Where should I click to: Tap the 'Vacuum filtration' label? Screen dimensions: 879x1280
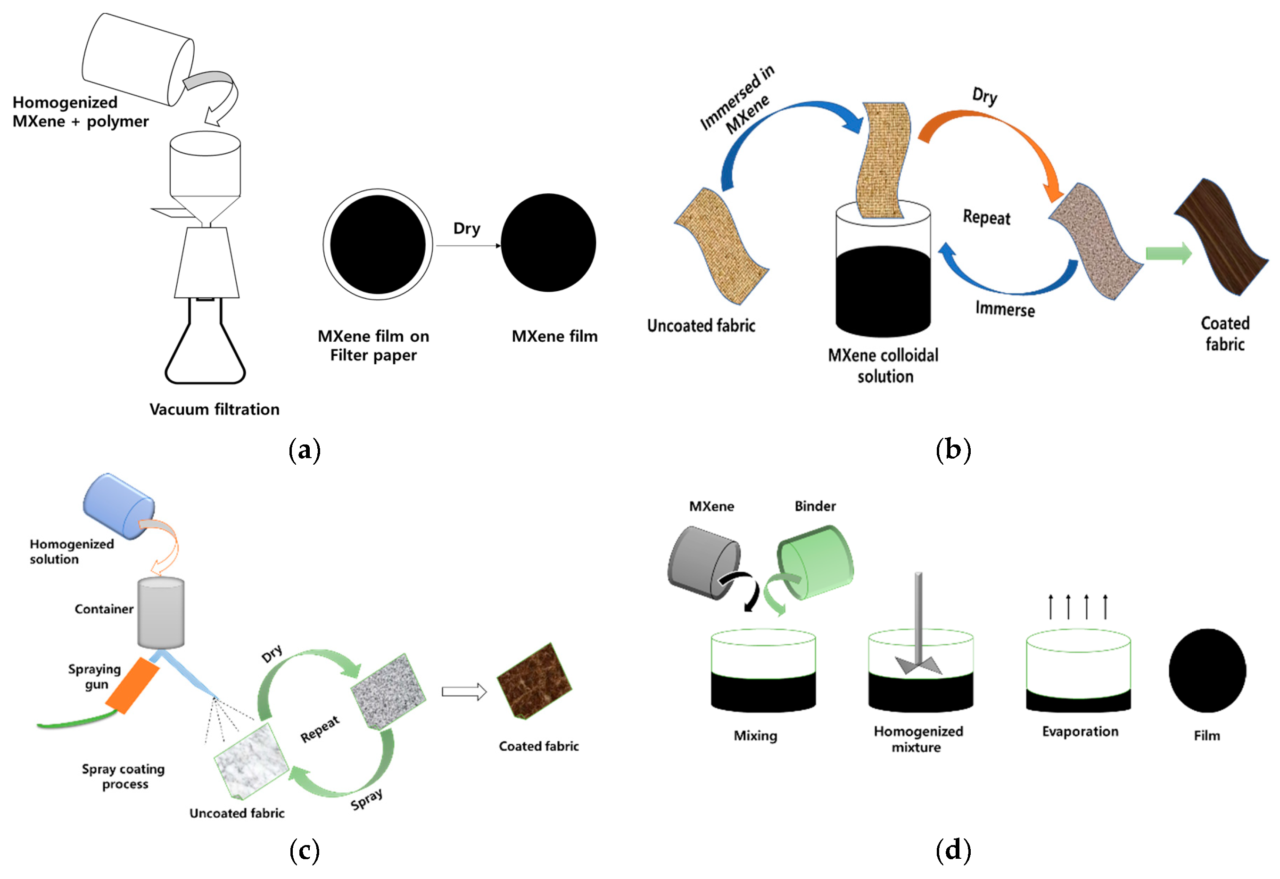click(x=214, y=409)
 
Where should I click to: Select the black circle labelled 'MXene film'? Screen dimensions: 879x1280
click(x=548, y=242)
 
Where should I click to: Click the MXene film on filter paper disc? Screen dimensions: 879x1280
click(x=377, y=244)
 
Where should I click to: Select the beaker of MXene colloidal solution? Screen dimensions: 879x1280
click(x=883, y=275)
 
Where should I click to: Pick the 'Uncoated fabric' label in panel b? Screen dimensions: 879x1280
click(x=701, y=326)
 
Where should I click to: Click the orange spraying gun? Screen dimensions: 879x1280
click(x=132, y=685)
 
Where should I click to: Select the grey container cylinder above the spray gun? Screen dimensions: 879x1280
click(x=161, y=612)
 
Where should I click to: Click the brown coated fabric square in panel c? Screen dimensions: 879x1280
click(x=534, y=681)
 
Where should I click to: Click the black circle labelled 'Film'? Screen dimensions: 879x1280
click(x=1207, y=670)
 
